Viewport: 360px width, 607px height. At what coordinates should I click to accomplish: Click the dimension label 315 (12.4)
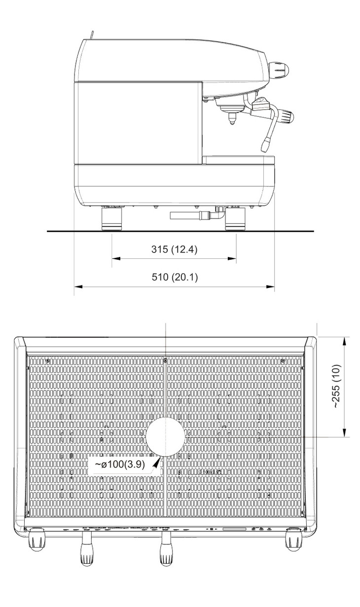tap(174, 249)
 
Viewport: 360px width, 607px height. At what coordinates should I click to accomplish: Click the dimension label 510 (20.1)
tap(175, 277)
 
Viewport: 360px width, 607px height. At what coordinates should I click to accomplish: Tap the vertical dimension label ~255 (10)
tap(336, 386)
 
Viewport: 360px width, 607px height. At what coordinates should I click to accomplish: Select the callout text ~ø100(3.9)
tap(119, 464)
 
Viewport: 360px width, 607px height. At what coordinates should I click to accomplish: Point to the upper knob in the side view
tap(279, 69)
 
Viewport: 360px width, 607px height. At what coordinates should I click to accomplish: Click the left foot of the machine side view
tap(112, 218)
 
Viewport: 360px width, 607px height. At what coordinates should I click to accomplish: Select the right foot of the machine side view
tap(236, 218)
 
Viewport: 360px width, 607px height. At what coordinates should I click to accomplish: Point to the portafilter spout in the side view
tap(232, 118)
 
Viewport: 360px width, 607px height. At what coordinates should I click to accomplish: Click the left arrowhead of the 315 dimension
tap(116, 258)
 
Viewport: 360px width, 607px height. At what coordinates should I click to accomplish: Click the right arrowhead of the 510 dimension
tap(270, 286)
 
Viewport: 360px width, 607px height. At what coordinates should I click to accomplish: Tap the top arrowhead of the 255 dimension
tap(345, 341)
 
